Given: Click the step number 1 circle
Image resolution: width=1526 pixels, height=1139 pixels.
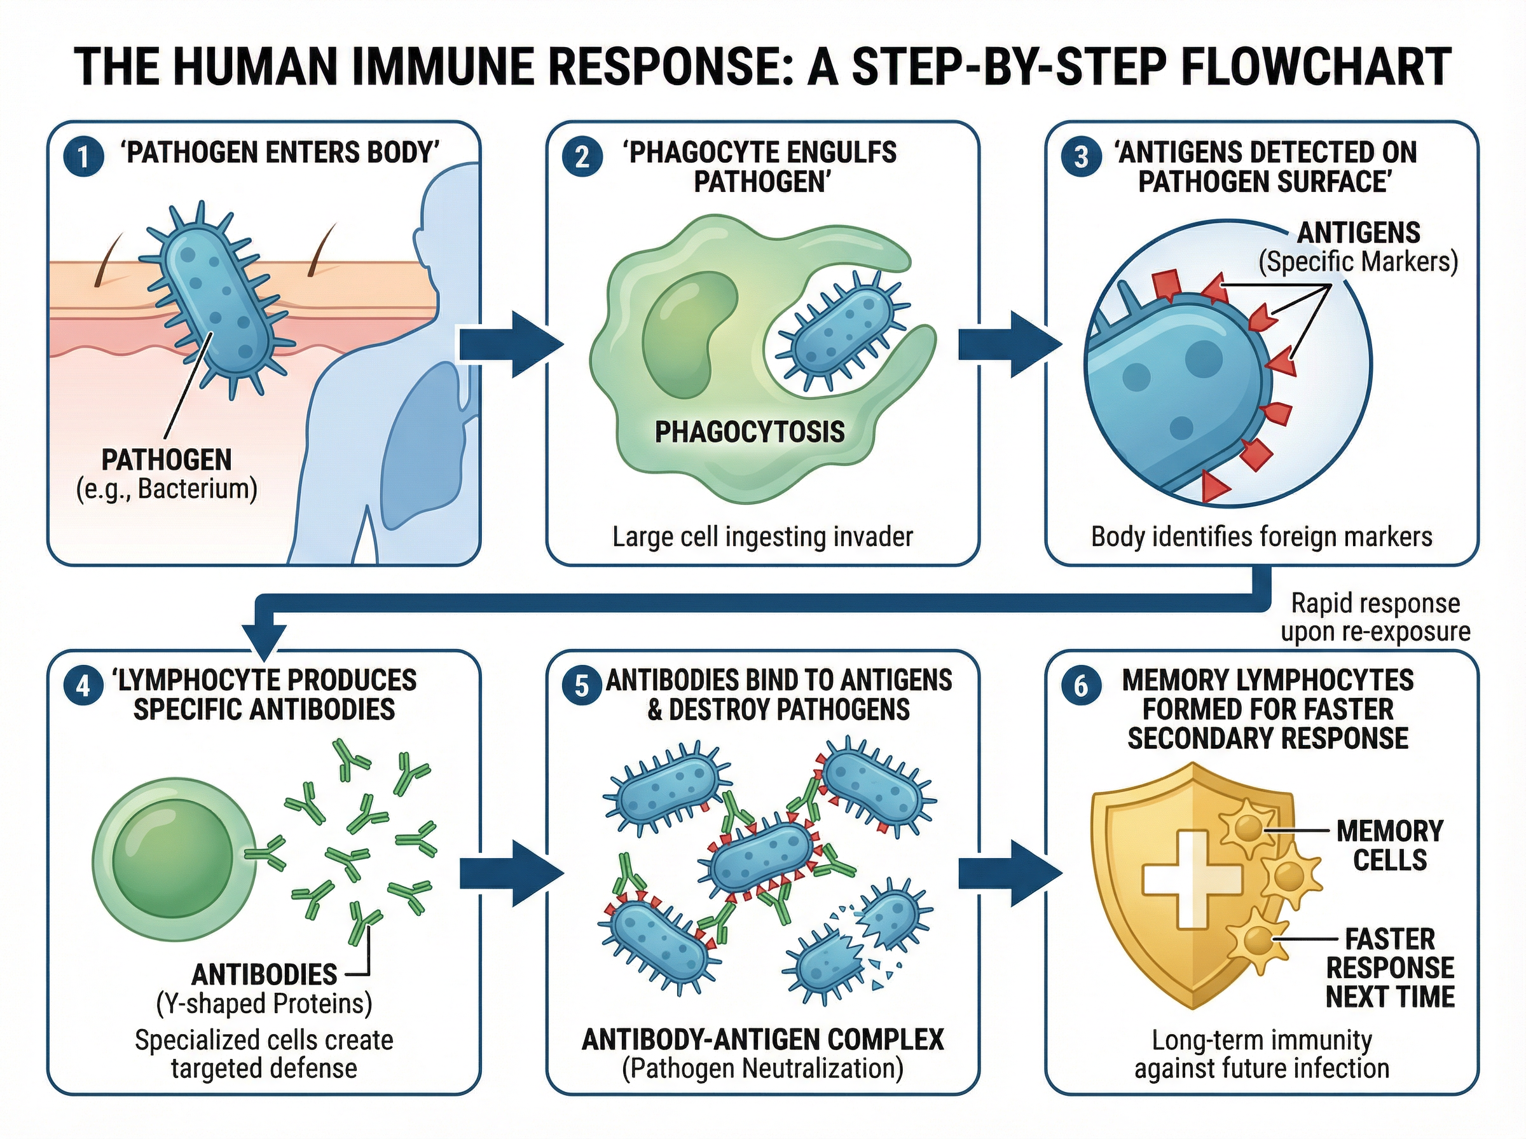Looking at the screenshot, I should pos(83,157).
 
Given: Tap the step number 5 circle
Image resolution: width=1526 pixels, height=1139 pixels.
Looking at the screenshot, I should pos(581,686).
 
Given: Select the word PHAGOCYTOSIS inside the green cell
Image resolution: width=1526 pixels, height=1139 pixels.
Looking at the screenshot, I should pos(749,432).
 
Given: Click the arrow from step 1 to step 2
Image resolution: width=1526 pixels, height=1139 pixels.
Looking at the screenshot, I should pos(511,344).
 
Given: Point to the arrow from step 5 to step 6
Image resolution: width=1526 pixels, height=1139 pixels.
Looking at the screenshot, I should pos(1010,873).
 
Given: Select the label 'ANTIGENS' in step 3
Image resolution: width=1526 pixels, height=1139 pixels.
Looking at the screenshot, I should pos(1358,233).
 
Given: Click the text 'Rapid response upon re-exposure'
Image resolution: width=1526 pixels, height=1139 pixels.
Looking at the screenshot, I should pos(1374,618).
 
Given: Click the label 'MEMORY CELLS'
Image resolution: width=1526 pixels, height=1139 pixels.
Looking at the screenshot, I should pos(1389,845).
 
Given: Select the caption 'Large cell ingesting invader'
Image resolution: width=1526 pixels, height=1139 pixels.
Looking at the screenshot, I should pos(762,536).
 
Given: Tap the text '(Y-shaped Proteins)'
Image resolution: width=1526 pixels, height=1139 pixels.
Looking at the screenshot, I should pos(264,1003).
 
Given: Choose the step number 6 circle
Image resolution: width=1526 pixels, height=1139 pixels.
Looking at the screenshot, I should pos(1080,686).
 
